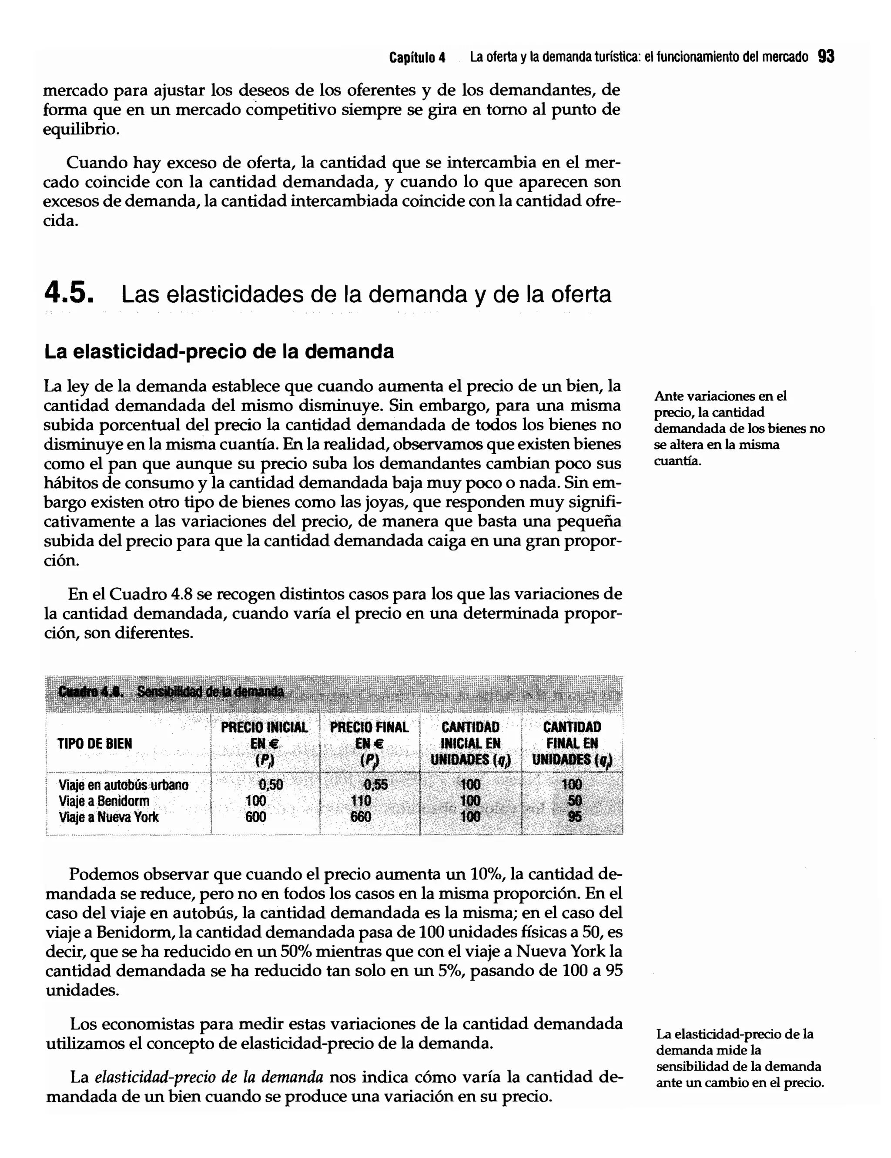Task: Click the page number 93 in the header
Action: tap(826, 56)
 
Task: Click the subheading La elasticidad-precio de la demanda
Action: tap(219, 351)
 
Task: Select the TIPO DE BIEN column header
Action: tap(94, 743)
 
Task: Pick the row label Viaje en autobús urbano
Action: tap(124, 785)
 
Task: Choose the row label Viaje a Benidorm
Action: tap(104, 800)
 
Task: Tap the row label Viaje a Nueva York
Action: tap(109, 817)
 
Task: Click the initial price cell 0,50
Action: tap(271, 785)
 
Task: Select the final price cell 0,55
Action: tap(375, 785)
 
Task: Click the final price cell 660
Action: tap(361, 817)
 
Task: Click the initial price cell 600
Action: tap(256, 817)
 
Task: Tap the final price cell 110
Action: tap(361, 800)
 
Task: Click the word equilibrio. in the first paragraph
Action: tap(80, 129)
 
